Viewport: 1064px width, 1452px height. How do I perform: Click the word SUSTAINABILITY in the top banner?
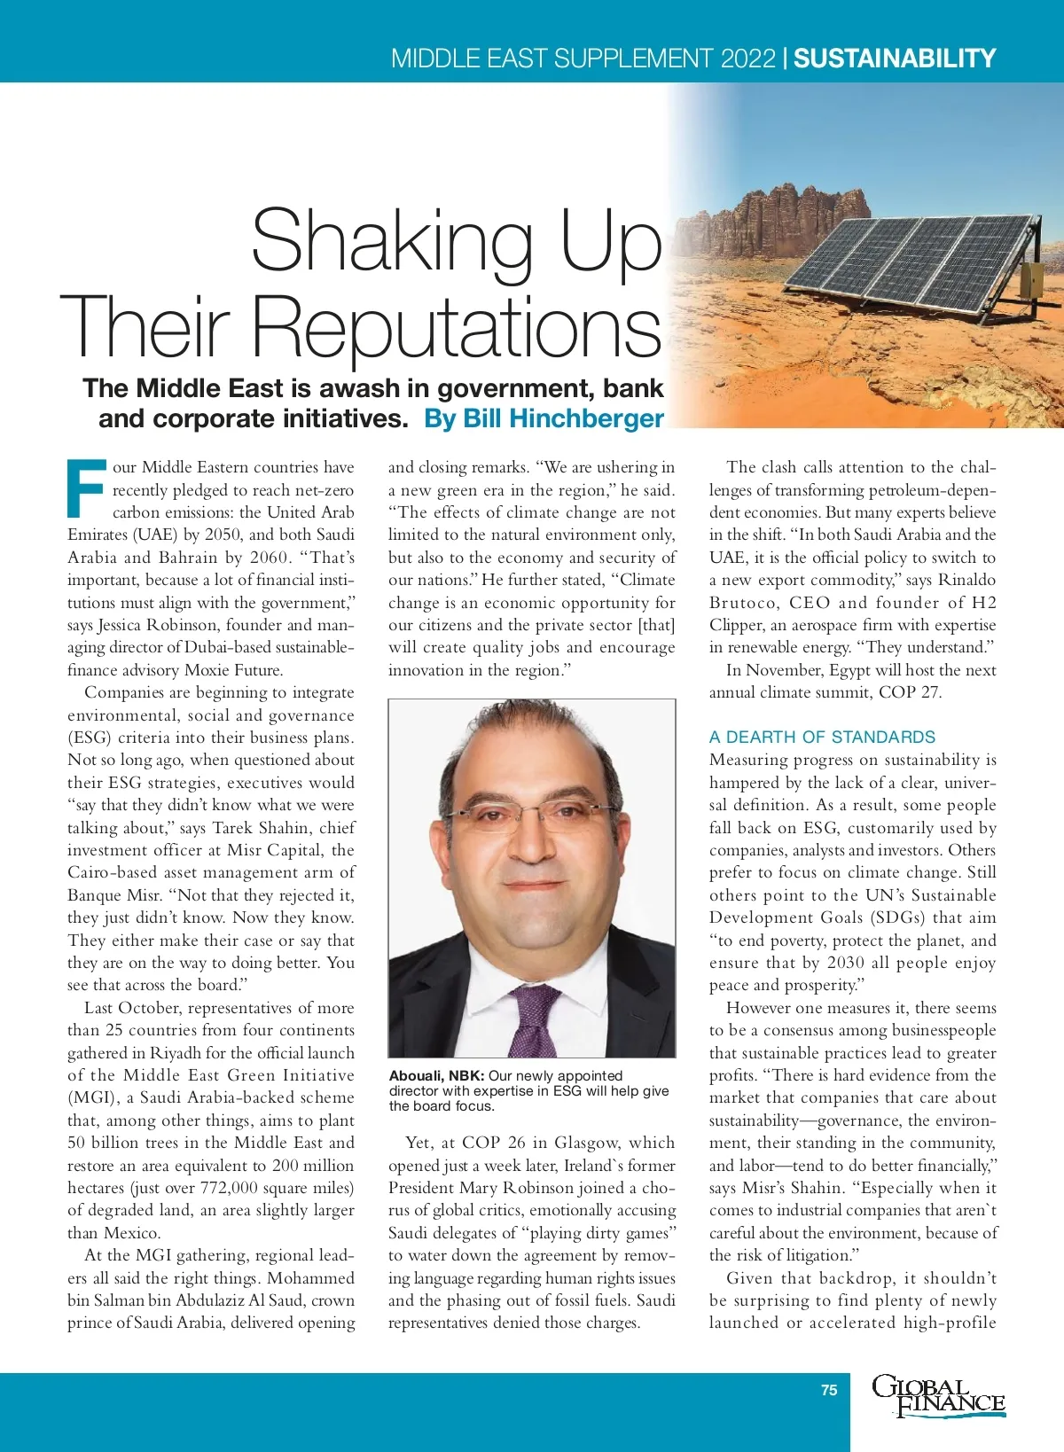click(x=895, y=59)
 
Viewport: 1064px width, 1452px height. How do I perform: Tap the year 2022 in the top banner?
click(x=748, y=59)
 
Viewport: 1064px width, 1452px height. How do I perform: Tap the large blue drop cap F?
click(x=86, y=488)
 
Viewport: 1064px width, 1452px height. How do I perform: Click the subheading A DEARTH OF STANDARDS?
click(x=822, y=737)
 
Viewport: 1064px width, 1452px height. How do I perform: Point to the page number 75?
click(x=829, y=1390)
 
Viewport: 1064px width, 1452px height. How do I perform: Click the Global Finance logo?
click(x=938, y=1396)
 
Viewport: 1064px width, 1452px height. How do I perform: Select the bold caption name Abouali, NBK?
click(x=436, y=1075)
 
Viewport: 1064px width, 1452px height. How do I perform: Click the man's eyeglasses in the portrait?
click(x=532, y=813)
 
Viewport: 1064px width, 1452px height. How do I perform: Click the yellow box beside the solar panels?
click(x=1032, y=281)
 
